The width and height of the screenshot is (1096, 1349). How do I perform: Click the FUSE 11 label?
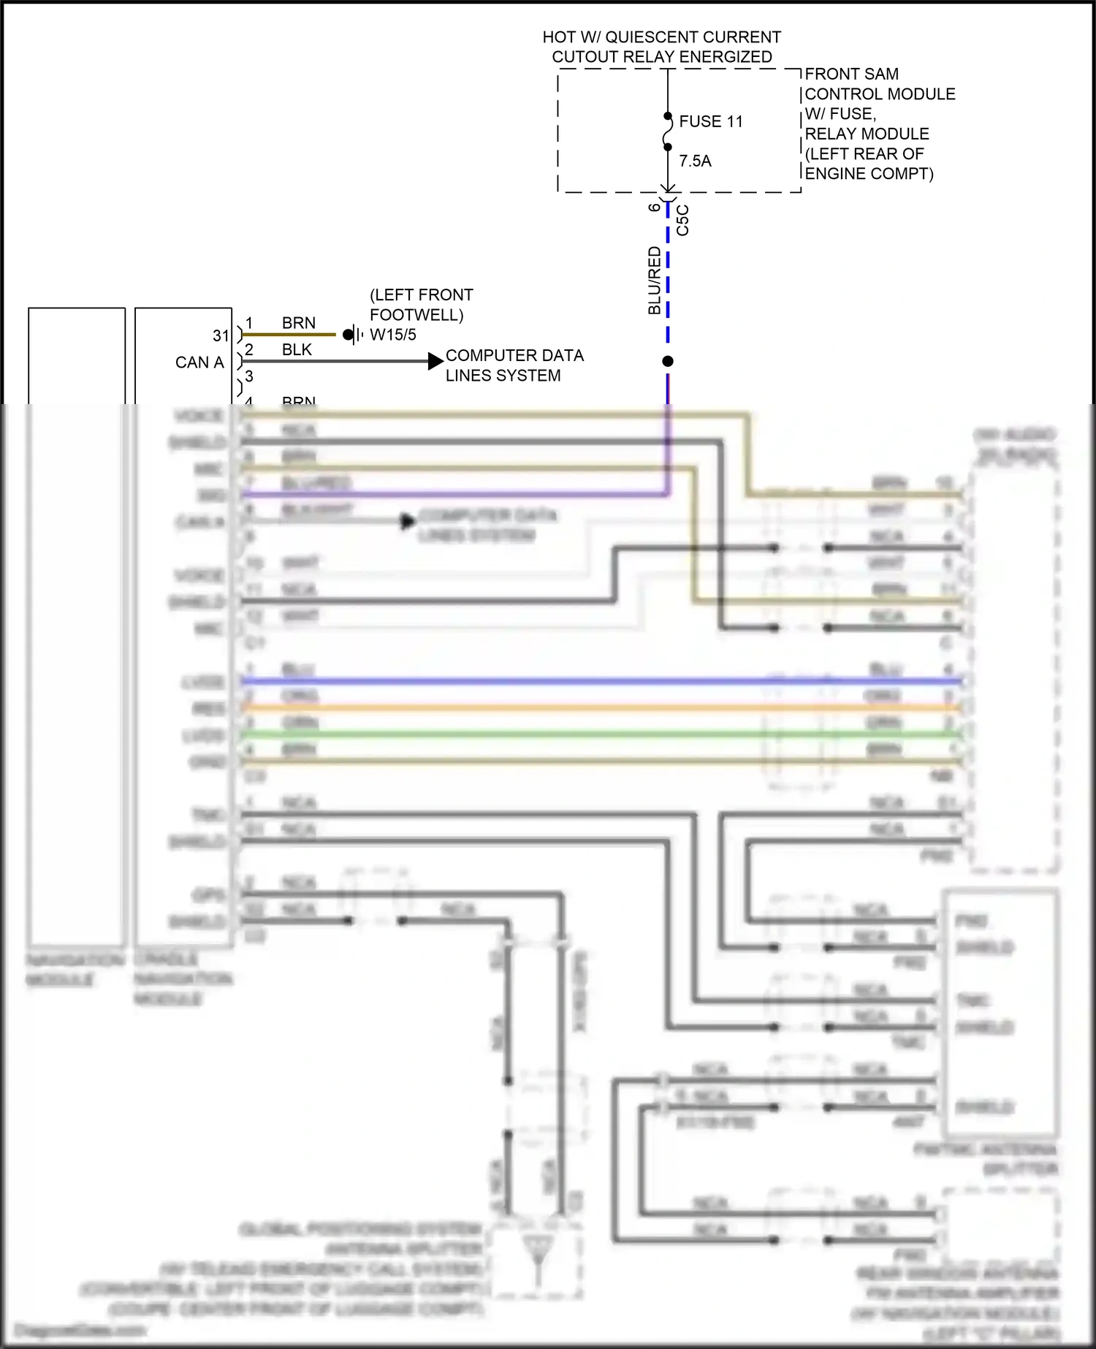click(x=710, y=121)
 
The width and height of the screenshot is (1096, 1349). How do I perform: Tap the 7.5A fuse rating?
click(x=695, y=161)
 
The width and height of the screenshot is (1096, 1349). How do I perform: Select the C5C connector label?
click(x=682, y=220)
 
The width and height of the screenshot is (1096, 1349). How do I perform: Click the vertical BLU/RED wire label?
click(x=654, y=281)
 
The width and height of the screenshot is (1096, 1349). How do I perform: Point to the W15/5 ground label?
click(x=393, y=335)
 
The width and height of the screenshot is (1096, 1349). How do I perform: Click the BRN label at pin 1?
click(x=299, y=323)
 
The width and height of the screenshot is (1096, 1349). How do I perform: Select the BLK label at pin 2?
click(x=297, y=350)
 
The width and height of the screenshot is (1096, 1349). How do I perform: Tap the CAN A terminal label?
click(x=199, y=362)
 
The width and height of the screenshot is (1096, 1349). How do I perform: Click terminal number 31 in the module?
click(x=221, y=335)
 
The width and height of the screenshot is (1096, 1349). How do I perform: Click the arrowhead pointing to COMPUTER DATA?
click(x=435, y=361)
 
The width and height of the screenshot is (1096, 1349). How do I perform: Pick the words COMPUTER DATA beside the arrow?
click(x=514, y=356)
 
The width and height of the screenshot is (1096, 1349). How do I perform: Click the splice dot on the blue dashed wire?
click(x=668, y=361)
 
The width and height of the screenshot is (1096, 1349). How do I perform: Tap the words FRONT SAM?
click(x=852, y=75)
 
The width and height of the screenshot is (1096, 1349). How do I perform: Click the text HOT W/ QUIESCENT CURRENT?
click(x=661, y=37)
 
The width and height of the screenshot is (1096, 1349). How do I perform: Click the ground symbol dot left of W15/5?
click(x=348, y=335)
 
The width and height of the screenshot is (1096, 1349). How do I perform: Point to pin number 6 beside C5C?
click(x=654, y=207)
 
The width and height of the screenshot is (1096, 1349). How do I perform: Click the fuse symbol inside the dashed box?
click(x=668, y=132)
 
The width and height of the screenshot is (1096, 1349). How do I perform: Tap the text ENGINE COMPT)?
click(x=869, y=174)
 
